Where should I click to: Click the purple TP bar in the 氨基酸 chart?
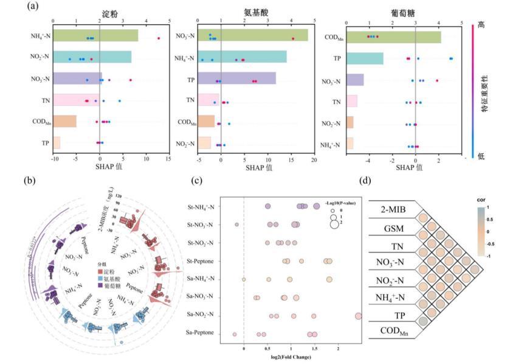[x=236, y=79]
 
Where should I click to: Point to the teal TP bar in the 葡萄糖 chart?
[x=365, y=58]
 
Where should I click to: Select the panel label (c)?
[x=197, y=180]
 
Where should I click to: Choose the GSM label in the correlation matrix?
[x=393, y=230]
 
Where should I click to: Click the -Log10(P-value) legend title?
[x=334, y=194]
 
